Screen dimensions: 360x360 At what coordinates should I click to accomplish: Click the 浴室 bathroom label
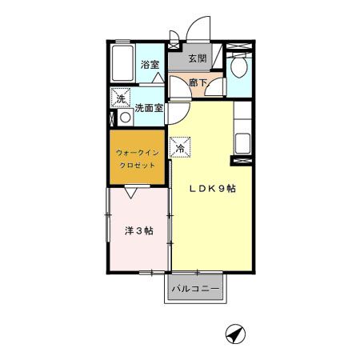150,65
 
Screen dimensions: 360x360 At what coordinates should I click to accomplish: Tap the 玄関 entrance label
198,58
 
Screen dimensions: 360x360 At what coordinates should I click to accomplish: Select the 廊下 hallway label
197,82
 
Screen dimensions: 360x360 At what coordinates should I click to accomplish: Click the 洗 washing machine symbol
121,99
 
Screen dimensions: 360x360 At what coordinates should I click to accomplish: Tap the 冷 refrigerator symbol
181,147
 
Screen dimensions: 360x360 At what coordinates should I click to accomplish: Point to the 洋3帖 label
139,230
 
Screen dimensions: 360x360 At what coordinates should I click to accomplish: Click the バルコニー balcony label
196,288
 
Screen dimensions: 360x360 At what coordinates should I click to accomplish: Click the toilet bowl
238,68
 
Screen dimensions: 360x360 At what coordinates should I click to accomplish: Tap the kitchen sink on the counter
242,145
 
